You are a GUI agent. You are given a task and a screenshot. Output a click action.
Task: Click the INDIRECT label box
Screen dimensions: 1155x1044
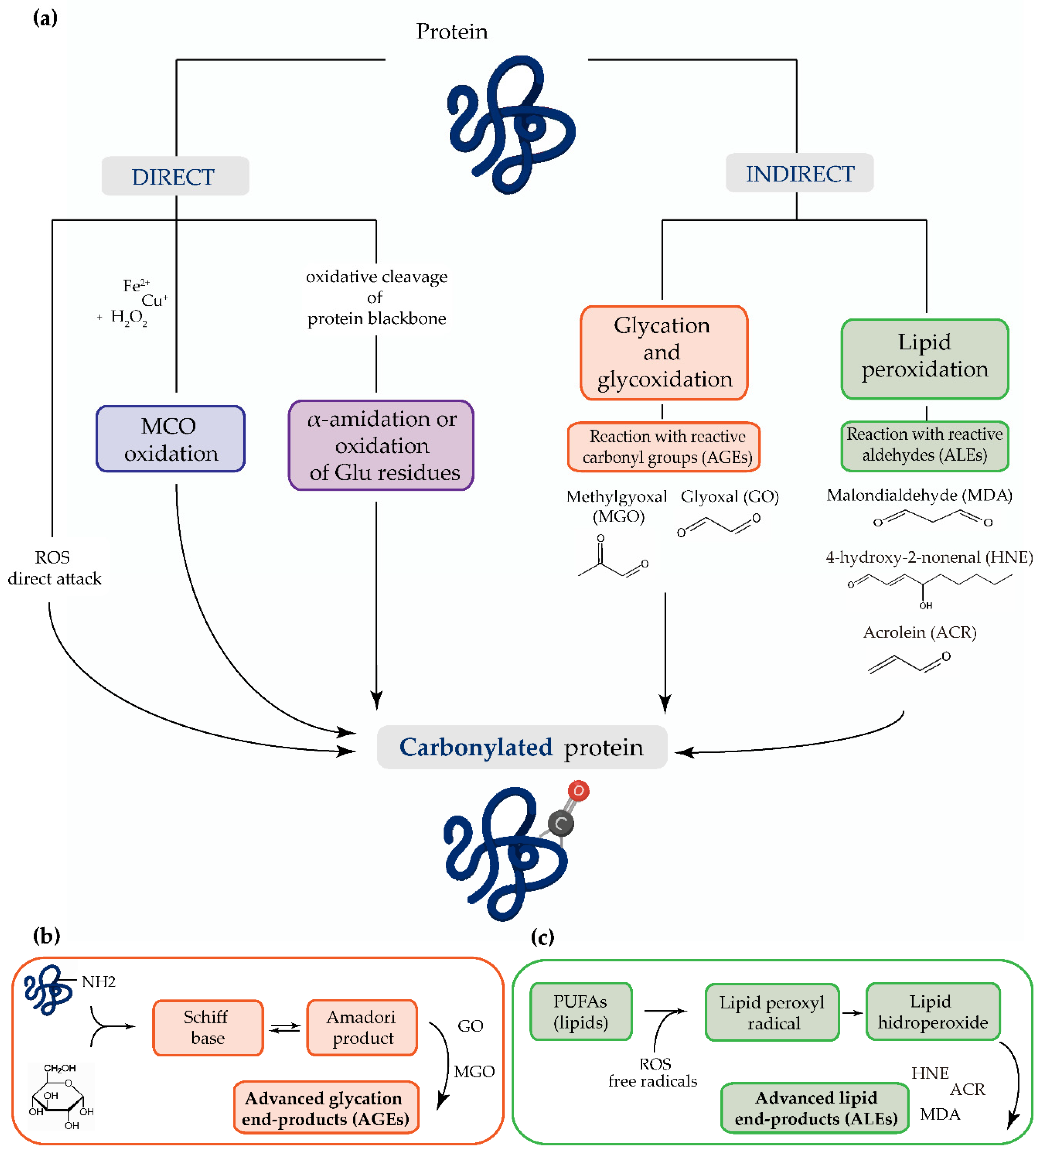coord(799,173)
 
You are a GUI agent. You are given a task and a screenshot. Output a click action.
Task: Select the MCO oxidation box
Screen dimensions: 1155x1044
coord(171,439)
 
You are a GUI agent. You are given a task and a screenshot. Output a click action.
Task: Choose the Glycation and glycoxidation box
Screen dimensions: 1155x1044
coord(664,352)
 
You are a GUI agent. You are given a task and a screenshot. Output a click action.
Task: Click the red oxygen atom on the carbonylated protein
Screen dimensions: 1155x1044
coord(578,791)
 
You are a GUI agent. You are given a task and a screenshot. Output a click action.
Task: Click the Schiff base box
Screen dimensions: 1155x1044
coord(207,1027)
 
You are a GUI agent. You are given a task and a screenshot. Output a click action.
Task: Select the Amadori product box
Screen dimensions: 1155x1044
coord(362,1027)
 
